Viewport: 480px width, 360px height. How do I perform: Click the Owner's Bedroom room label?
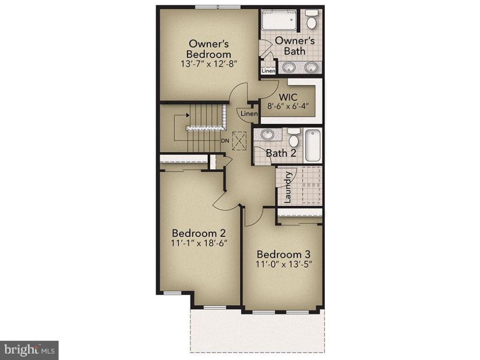209,49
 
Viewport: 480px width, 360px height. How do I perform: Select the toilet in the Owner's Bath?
312,20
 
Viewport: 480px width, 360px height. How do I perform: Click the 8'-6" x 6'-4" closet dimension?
288,106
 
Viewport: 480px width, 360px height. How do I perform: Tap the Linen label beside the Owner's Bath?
268,71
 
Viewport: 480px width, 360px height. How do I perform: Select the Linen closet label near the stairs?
249,114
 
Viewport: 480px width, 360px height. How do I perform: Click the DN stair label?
225,140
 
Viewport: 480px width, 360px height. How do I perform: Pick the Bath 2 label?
281,153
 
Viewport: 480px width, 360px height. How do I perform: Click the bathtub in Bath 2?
312,144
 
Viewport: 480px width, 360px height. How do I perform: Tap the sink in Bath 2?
267,135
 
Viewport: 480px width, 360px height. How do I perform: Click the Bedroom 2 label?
199,232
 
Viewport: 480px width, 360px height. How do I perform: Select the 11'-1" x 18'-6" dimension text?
199,243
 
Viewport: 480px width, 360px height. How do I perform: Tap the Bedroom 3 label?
283,254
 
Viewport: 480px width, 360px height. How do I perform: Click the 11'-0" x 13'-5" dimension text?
283,265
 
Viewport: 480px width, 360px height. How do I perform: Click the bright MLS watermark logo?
29,349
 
